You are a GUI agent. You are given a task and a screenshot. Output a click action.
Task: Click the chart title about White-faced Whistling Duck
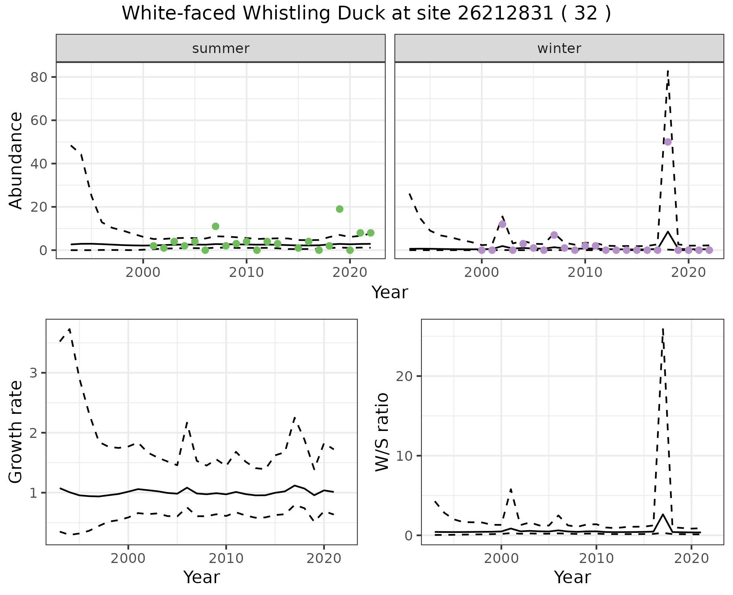tap(366, 14)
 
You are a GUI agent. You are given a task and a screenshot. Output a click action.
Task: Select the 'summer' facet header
tap(221, 48)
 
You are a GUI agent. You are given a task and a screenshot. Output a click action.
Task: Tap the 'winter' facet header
tap(559, 48)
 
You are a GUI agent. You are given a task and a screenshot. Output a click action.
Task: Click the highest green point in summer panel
tap(339, 209)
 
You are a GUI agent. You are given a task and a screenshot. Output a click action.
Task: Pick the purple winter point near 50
tap(668, 142)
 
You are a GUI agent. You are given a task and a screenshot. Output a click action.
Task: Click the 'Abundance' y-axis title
tap(16, 160)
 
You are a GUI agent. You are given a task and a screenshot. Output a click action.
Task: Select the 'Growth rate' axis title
tap(16, 432)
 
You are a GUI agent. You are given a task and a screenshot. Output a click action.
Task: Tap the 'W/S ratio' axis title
tap(382, 432)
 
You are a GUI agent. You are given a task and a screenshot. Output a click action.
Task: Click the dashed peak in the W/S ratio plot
tap(663, 329)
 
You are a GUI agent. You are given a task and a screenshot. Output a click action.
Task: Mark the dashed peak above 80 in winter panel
tap(668, 71)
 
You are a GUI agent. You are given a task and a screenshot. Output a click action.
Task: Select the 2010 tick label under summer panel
tap(246, 273)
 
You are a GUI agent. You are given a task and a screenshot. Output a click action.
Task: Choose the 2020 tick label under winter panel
tap(688, 273)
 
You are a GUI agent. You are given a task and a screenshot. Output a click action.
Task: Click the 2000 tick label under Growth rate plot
tap(128, 559)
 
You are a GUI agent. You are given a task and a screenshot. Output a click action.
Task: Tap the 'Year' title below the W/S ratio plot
tap(572, 577)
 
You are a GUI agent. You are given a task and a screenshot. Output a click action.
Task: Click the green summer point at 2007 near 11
tap(215, 226)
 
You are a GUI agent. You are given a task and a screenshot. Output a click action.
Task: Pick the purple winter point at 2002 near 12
tap(502, 224)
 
